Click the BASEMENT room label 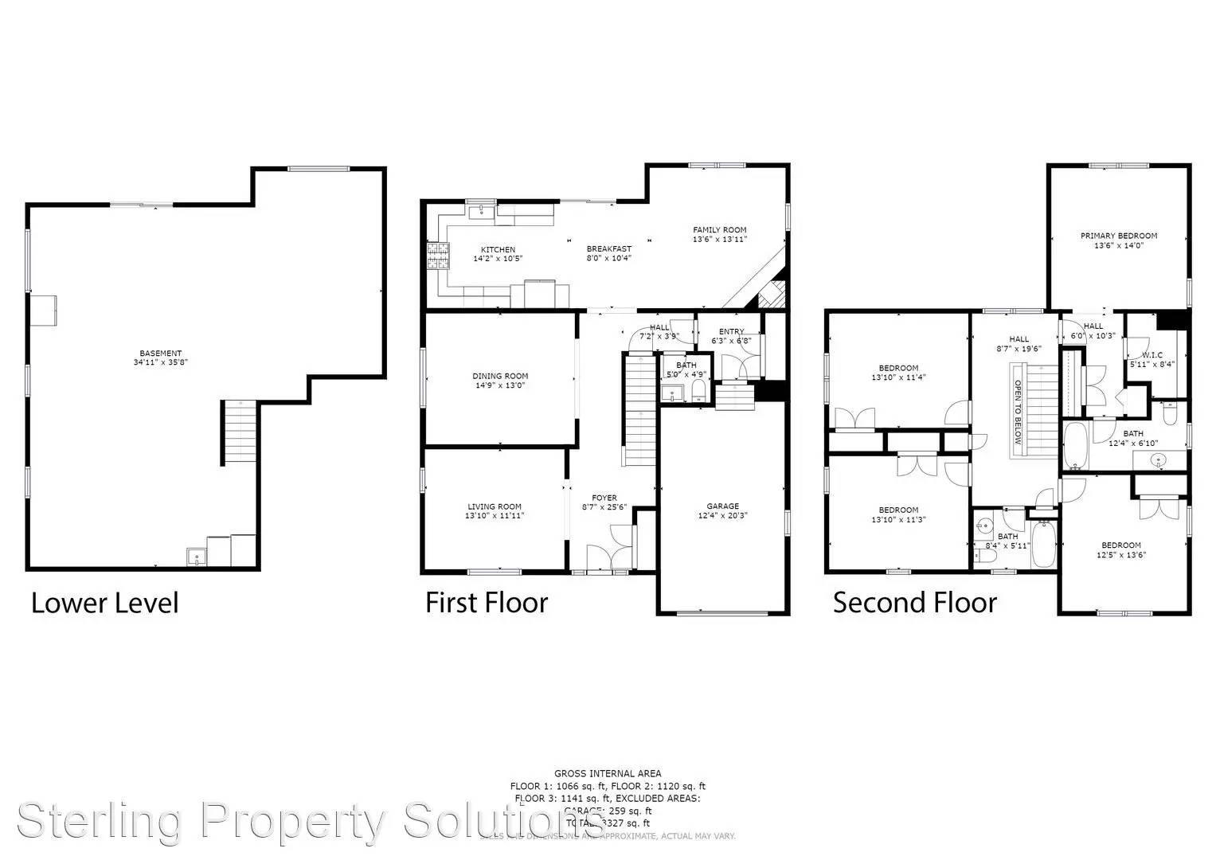(160, 353)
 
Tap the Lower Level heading (104, 603)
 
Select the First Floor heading (486, 603)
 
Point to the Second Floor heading (914, 603)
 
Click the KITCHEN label (498, 249)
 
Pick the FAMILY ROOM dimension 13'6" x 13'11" (719, 239)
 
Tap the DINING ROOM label (500, 376)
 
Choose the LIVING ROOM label (494, 506)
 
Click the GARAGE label (722, 506)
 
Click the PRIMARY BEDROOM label (1118, 236)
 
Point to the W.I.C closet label (1151, 355)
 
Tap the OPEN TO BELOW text (1017, 412)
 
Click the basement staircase (240, 432)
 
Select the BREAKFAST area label (608, 248)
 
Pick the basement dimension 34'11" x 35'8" (160, 362)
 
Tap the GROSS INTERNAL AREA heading (607, 773)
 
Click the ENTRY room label (731, 331)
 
